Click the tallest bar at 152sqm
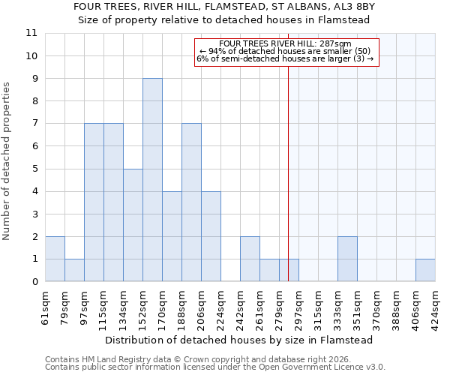(x=152, y=180)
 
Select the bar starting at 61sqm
(x=55, y=259)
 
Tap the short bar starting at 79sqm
(x=74, y=270)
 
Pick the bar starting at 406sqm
(x=425, y=270)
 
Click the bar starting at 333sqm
(x=347, y=259)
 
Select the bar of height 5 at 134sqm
(x=133, y=225)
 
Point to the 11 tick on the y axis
(x=31, y=34)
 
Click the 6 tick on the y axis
(x=34, y=146)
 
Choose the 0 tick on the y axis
(x=34, y=282)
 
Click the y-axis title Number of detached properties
(x=7, y=161)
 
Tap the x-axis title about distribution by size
(x=238, y=340)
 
